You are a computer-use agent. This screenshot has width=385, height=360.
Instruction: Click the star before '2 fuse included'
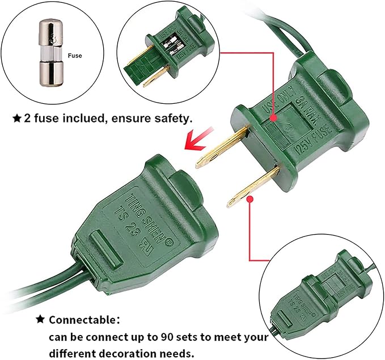(17, 119)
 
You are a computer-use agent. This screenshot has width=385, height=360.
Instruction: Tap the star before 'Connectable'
(40, 319)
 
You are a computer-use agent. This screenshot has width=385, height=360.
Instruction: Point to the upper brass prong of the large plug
(223, 146)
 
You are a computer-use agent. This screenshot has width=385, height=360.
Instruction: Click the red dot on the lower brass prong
(249, 198)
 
